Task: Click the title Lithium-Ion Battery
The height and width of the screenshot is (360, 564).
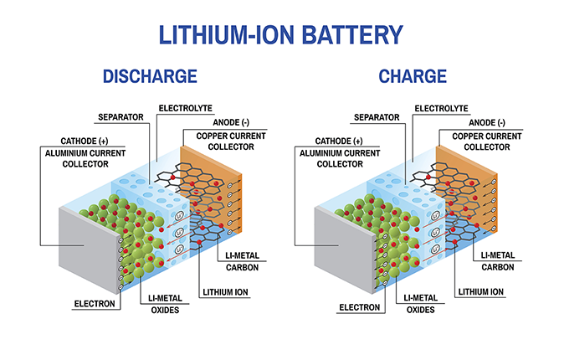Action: [281, 34]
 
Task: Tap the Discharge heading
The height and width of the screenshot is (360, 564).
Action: [149, 77]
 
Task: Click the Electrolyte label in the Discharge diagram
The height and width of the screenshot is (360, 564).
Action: [185, 108]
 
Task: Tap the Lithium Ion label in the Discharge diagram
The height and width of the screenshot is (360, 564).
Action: [224, 292]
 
